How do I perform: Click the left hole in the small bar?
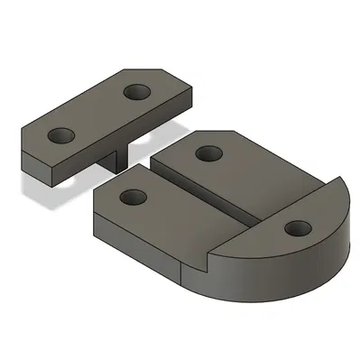coord(61,134)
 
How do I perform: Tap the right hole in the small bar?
coord(137,91)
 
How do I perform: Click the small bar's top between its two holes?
coord(99,113)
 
